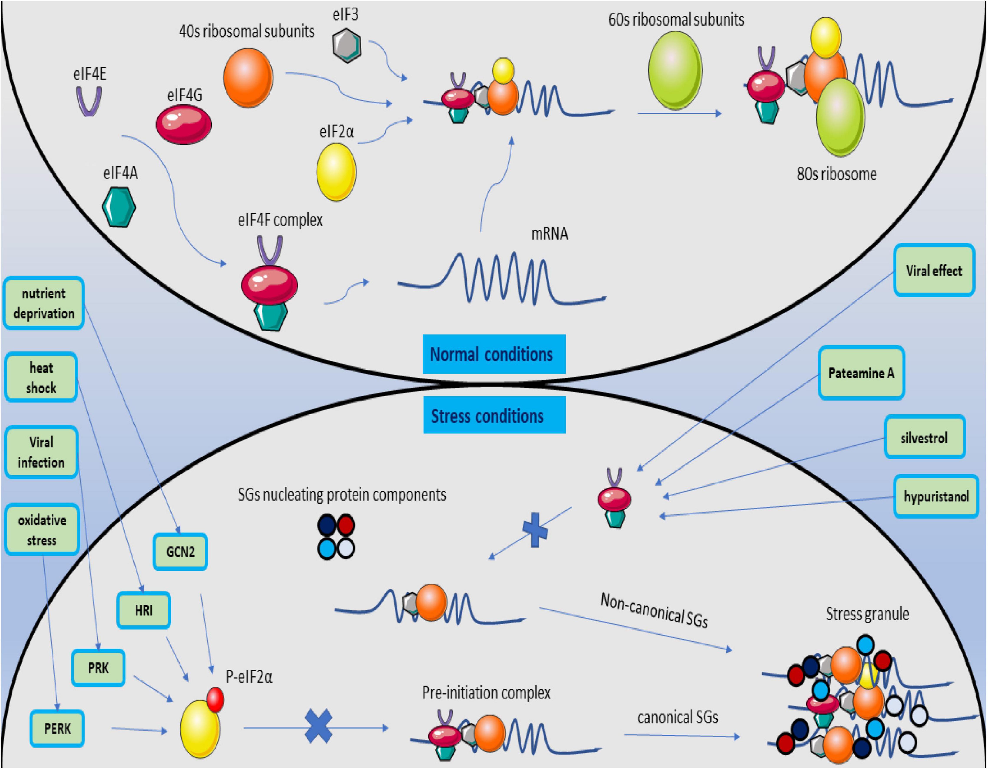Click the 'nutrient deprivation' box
(43, 303)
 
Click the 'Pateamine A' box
(861, 373)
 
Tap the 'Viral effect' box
(934, 270)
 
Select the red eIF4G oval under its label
(184, 124)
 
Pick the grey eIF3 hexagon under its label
(347, 45)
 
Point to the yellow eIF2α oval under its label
(336, 172)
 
